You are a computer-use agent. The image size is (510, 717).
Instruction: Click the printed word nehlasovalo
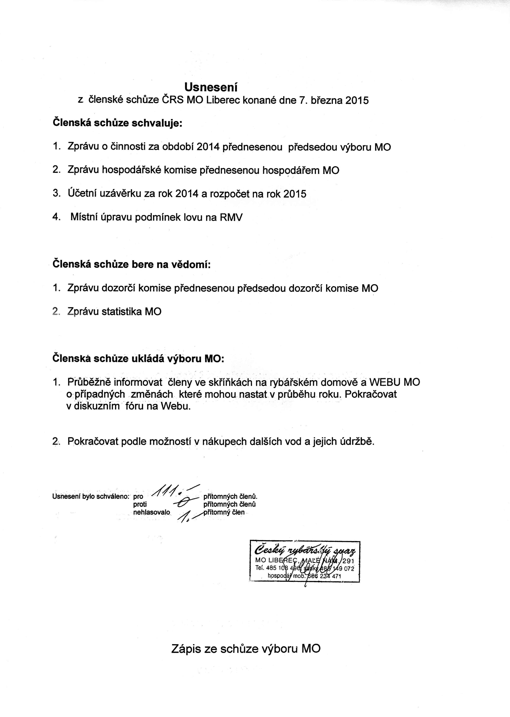152,512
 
